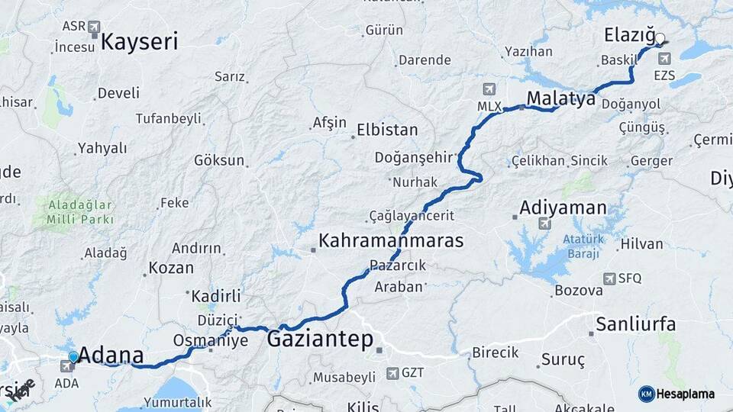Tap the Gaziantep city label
pyautogui.click(x=319, y=340)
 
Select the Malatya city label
pyautogui.click(x=560, y=98)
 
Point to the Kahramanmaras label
pyautogui.click(x=391, y=241)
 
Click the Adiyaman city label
pyautogui.click(x=563, y=208)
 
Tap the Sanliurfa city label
pyautogui.click(x=635, y=324)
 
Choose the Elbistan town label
pyautogui.click(x=388, y=130)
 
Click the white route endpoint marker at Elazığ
pyautogui.click(x=660, y=37)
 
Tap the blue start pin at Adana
pyautogui.click(x=73, y=356)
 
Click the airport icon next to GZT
pyautogui.click(x=392, y=373)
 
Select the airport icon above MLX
pyautogui.click(x=489, y=88)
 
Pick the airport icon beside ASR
pyautogui.click(x=95, y=27)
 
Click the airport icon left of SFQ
pyautogui.click(x=609, y=278)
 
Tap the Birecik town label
pyautogui.click(x=496, y=352)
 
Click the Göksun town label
pyautogui.click(x=219, y=160)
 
